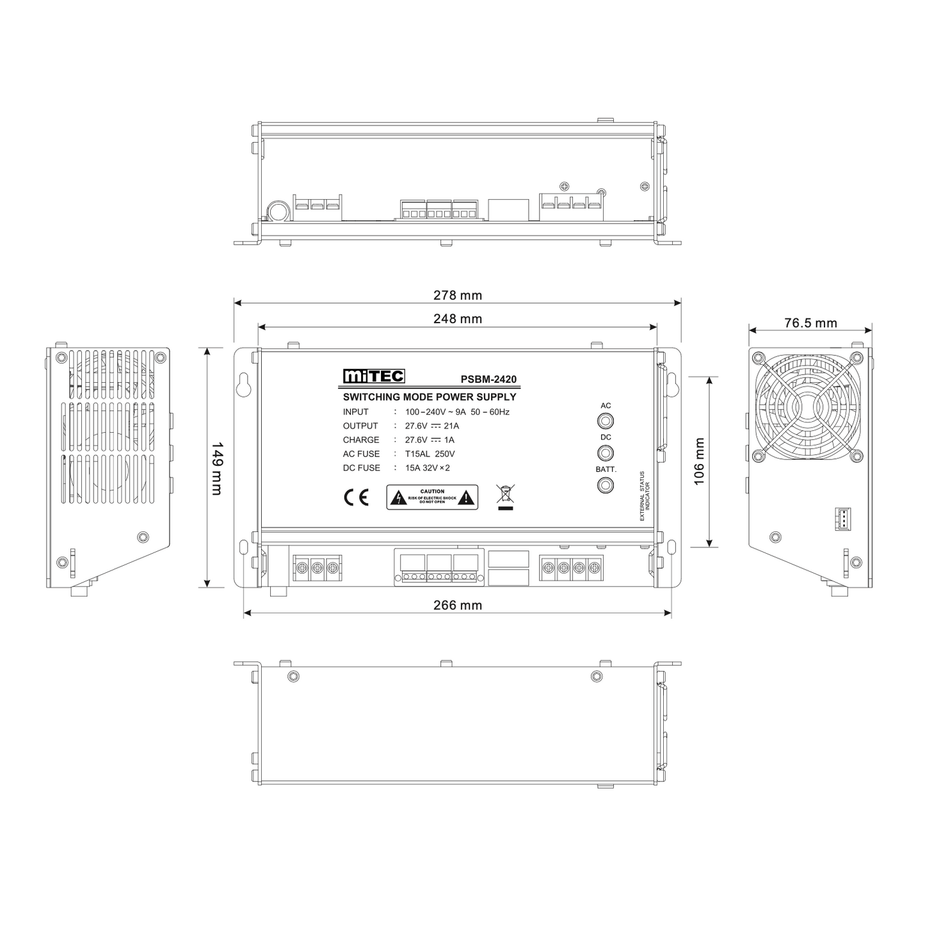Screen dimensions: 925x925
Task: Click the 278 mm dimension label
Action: click(457, 295)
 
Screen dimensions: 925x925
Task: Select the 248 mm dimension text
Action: click(457, 319)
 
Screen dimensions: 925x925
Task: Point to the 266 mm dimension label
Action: click(457, 605)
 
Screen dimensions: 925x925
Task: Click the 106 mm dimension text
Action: click(699, 462)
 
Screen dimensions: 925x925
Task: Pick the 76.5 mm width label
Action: click(810, 323)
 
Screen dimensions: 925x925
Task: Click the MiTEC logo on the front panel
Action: click(373, 376)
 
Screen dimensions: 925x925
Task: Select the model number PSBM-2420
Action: click(488, 380)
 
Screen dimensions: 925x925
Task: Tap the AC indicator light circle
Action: click(605, 421)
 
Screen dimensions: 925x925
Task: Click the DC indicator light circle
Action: click(605, 453)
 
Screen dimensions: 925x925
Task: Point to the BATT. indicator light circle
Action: click(605, 485)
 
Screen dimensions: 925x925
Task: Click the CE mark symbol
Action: click(357, 497)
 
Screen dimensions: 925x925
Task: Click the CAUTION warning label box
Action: click(432, 497)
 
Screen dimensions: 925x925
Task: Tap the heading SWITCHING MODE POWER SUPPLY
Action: click(430, 397)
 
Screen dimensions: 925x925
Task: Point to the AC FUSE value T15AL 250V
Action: click(430, 454)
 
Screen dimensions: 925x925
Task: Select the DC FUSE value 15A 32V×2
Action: click(428, 468)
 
